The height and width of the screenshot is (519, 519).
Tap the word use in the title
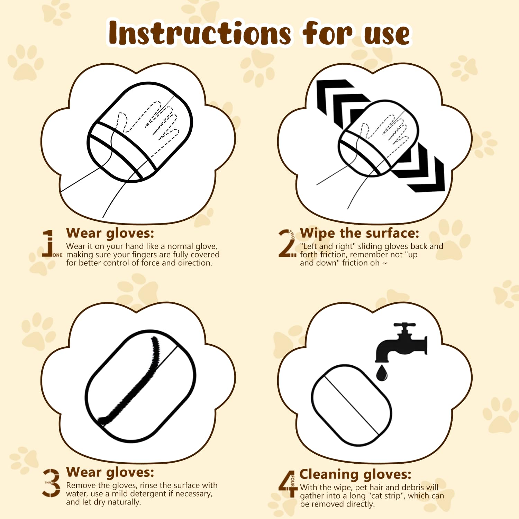[387, 35]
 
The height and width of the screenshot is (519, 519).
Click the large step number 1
[49, 243]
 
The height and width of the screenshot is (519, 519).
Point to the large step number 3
[51, 483]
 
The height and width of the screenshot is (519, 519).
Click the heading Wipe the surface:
[359, 233]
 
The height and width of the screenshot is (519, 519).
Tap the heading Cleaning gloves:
[355, 474]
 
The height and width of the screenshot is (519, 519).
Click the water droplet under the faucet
[382, 373]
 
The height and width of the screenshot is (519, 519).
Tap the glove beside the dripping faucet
[352, 405]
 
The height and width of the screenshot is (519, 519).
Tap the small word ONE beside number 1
[57, 255]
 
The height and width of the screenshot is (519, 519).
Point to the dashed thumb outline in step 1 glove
[121, 123]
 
